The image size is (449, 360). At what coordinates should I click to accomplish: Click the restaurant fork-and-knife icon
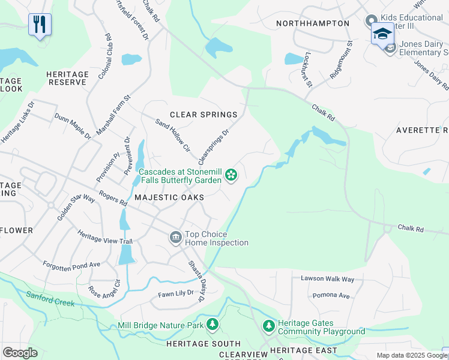point(40,25)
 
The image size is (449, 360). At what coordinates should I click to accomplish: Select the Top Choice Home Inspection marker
point(175,238)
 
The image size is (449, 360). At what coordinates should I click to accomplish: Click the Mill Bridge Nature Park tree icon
point(212,325)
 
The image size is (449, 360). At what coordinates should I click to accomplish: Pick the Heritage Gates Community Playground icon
point(269,327)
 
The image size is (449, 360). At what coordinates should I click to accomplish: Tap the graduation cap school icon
point(382,34)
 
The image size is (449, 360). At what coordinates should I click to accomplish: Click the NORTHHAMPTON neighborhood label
point(312,23)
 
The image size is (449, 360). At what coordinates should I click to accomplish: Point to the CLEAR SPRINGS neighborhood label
point(203,115)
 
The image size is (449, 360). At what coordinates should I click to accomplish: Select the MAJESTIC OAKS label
point(169,197)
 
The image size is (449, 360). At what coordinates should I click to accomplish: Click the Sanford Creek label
point(50,298)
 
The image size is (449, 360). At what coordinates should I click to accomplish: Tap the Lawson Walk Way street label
point(328,279)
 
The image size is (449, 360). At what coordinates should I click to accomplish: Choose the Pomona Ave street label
point(331,296)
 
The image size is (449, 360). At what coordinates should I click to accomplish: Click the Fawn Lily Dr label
point(176,293)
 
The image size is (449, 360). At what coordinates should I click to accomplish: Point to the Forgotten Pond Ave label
point(71,264)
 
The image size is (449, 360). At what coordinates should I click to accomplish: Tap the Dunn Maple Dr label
point(73,127)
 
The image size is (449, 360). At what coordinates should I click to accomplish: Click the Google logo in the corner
point(20,352)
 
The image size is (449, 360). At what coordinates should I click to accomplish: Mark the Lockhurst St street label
point(308,69)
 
